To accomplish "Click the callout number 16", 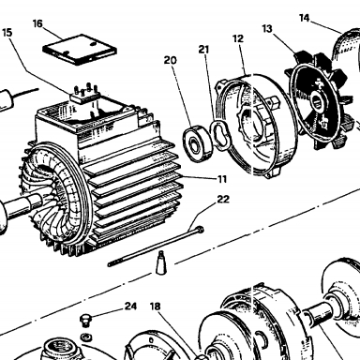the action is pos(37,23).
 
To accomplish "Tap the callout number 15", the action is pos(7,33).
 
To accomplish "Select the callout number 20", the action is pos(170,60).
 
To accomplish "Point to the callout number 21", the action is pos(203,50).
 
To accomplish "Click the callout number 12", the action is pos(238,38).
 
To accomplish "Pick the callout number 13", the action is pos(267,29).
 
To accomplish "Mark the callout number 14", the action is pos(304,18).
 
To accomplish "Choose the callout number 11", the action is pos(222,179).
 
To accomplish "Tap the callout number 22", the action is pos(223,200).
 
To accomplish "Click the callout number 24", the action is pos(130,306).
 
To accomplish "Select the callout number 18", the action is pos(155,307).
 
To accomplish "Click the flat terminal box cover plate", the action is pos(80,50).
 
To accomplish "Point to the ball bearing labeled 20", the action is pos(198,143).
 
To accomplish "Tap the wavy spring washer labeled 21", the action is pos(220,135).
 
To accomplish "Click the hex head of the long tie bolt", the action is pos(200,230).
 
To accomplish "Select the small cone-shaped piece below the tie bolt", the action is pos(160,262).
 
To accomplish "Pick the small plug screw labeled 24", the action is pos(84,321).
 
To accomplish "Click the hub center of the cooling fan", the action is pos(317,102).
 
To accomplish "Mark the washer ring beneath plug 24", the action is pos(85,337).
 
